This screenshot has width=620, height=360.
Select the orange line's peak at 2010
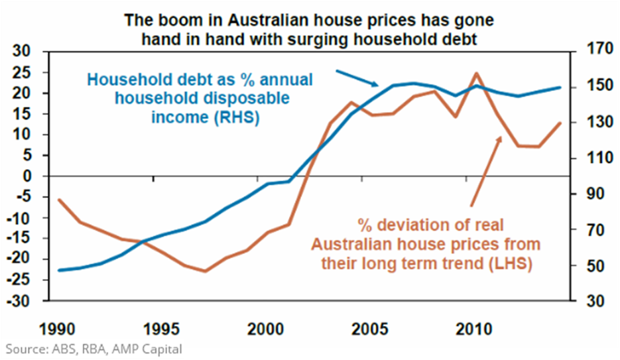(475, 74)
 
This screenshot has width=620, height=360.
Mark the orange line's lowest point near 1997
(205, 270)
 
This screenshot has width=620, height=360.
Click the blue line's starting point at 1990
(59, 270)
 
